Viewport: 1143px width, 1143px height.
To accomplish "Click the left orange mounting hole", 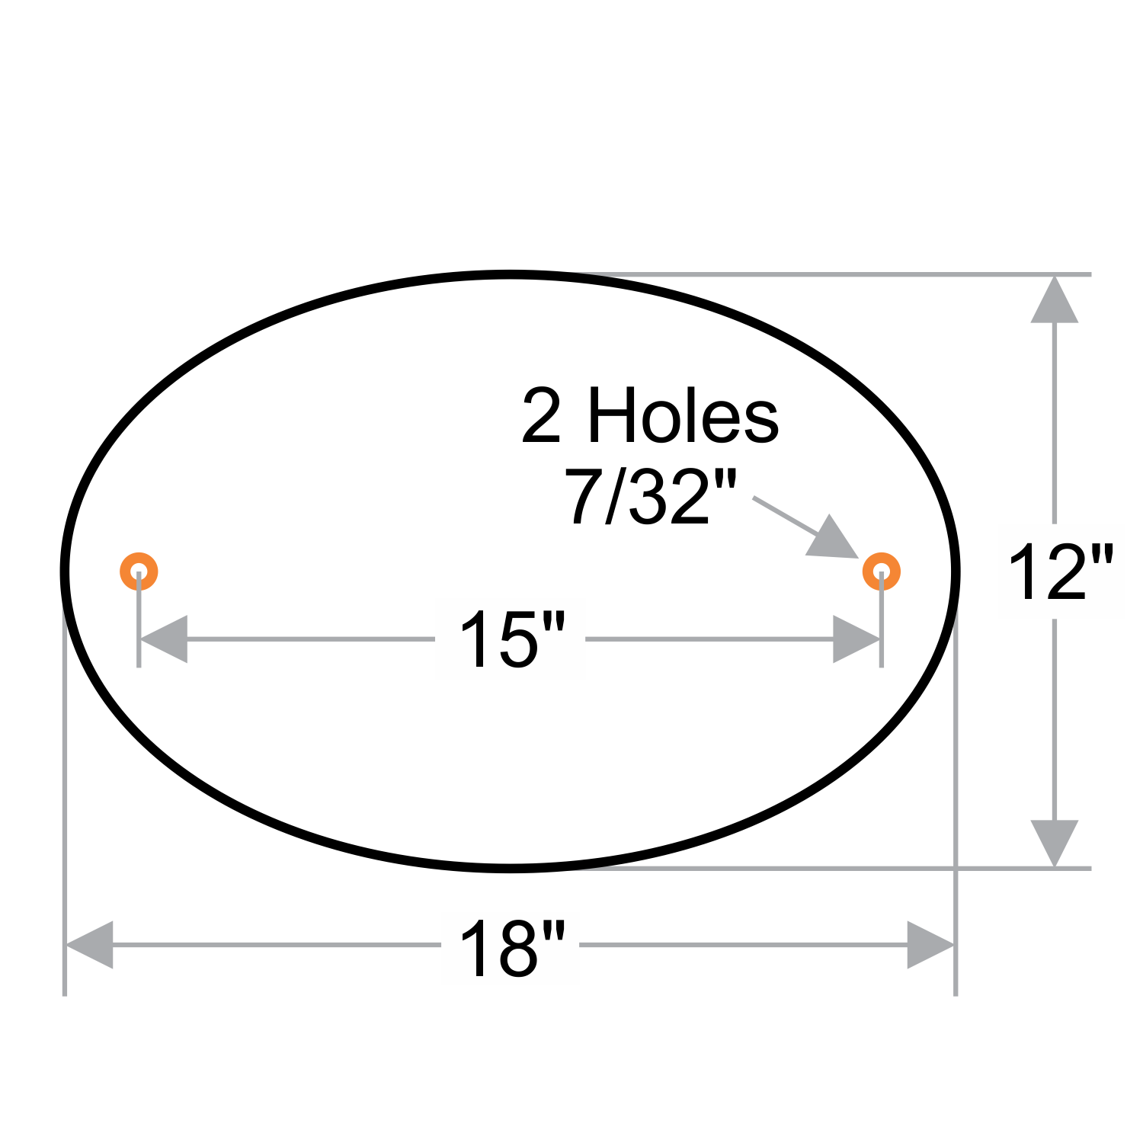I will tap(139, 571).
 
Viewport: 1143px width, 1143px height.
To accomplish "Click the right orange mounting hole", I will tap(882, 571).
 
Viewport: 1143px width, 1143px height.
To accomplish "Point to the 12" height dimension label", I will tap(1061, 572).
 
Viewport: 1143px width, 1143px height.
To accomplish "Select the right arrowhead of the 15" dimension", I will tap(856, 639).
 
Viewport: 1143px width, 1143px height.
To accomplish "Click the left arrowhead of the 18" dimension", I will tap(90, 945).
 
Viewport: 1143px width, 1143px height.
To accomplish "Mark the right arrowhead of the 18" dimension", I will tap(930, 945).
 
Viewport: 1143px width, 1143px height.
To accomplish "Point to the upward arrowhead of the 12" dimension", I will tap(1055, 300).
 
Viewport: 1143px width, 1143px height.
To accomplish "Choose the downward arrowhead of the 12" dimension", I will tap(1055, 842).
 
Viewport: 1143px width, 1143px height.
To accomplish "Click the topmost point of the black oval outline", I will tap(511, 274).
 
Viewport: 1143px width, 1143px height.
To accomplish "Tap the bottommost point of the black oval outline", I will tap(511, 868).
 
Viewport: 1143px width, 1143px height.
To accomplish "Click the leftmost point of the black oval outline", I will tap(65, 571).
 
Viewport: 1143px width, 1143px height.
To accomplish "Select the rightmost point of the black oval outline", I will tap(956, 571).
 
